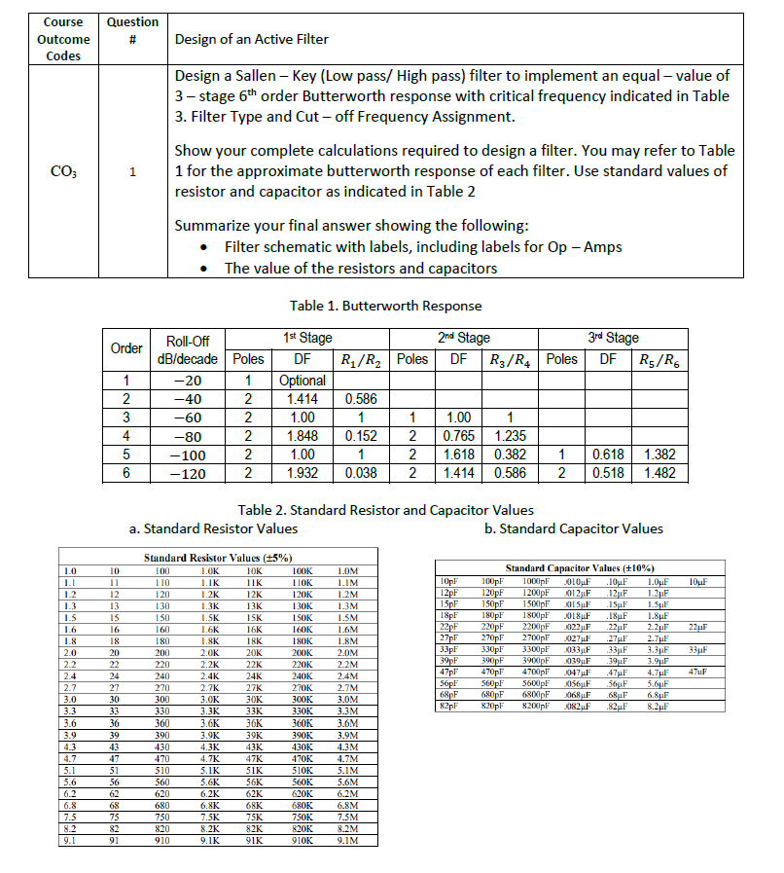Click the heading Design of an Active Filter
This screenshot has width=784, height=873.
coord(251,39)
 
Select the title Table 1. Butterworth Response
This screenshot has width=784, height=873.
coord(385,306)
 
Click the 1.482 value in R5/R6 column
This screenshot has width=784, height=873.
coord(661,473)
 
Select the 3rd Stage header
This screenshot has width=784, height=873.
coord(614,338)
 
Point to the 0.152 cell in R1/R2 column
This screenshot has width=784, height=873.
coord(361,436)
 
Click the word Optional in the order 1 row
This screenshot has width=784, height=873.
coord(302,381)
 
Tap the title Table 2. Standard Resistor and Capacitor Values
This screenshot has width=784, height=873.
coord(385,509)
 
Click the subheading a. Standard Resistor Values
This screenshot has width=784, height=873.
coord(213,528)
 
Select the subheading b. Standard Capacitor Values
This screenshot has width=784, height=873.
coord(573,528)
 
